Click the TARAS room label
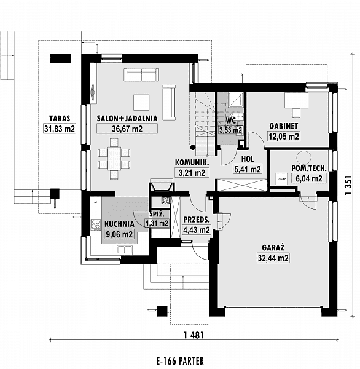click(x=60, y=118)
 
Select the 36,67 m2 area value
click(x=127, y=129)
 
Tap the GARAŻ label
click(x=273, y=247)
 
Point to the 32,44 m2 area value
click(x=273, y=258)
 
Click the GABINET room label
click(x=284, y=126)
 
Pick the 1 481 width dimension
click(x=194, y=335)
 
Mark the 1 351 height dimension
click(x=348, y=184)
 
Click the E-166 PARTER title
click(x=180, y=361)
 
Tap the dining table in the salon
click(x=114, y=158)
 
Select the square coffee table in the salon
click(x=141, y=102)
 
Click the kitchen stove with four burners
click(x=95, y=224)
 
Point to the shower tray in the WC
click(x=235, y=100)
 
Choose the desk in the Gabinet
click(x=296, y=100)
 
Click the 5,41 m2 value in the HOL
click(x=248, y=169)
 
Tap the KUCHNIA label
click(x=119, y=224)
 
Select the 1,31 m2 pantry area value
click(x=157, y=223)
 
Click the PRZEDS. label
click(x=197, y=220)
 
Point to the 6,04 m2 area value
click(x=309, y=178)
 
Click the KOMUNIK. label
click(x=192, y=162)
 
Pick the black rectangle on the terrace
click(x=60, y=58)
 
